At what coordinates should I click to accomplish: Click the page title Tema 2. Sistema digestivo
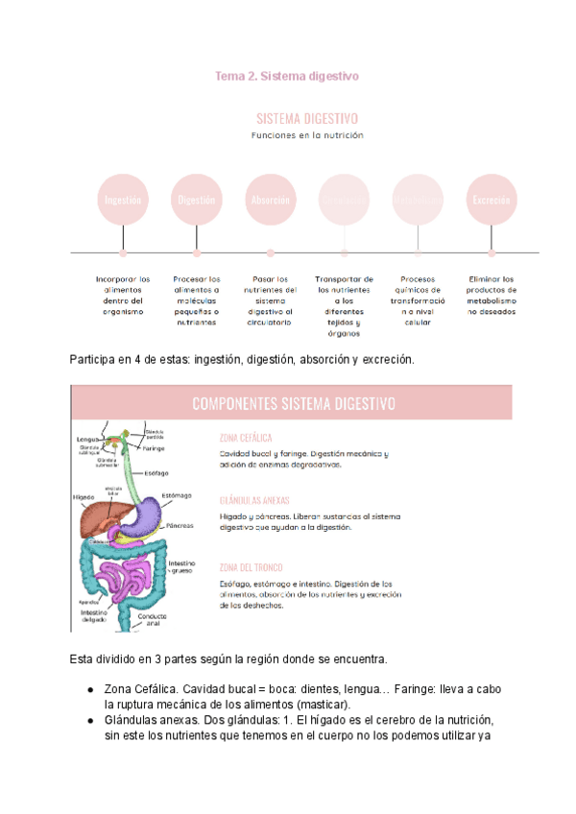(287, 75)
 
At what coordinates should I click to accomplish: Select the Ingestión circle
(123, 200)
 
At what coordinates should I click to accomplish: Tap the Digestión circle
(197, 200)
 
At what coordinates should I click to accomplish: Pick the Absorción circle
(270, 200)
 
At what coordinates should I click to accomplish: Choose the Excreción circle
(491, 200)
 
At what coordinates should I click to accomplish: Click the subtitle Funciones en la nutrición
(306, 135)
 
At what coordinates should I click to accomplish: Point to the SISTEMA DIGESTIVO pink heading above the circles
(306, 118)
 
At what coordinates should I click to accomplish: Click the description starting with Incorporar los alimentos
(123, 296)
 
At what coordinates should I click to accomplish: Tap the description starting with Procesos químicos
(417, 300)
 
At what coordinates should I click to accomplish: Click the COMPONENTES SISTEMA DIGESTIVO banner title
(293, 404)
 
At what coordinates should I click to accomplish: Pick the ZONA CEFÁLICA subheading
(246, 438)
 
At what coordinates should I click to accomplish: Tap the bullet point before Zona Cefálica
(89, 691)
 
